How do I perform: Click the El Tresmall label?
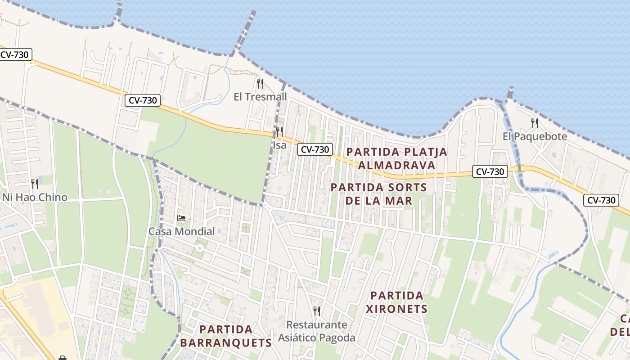click(x=260, y=97)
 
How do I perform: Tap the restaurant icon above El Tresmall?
click(x=260, y=83)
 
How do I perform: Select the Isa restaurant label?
click(x=279, y=145)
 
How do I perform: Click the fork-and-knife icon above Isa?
click(x=279, y=132)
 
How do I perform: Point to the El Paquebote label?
click(x=535, y=136)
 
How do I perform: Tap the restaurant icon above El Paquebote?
click(x=535, y=123)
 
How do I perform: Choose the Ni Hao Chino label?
click(x=35, y=197)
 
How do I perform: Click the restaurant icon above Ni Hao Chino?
click(x=35, y=184)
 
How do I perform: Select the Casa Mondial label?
click(x=182, y=232)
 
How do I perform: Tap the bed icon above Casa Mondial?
click(x=181, y=218)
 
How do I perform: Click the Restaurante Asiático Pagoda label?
click(x=317, y=331)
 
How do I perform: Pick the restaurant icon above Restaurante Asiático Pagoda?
click(x=317, y=311)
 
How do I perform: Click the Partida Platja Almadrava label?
click(x=396, y=158)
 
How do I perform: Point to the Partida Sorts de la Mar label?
click(x=379, y=193)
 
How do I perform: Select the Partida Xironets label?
click(x=396, y=302)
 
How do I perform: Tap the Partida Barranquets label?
click(x=226, y=336)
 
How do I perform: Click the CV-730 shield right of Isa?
click(x=315, y=149)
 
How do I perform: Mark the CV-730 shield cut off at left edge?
click(x=15, y=55)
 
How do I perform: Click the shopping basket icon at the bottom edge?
click(x=63, y=358)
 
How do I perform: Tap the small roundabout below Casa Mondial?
click(x=199, y=248)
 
